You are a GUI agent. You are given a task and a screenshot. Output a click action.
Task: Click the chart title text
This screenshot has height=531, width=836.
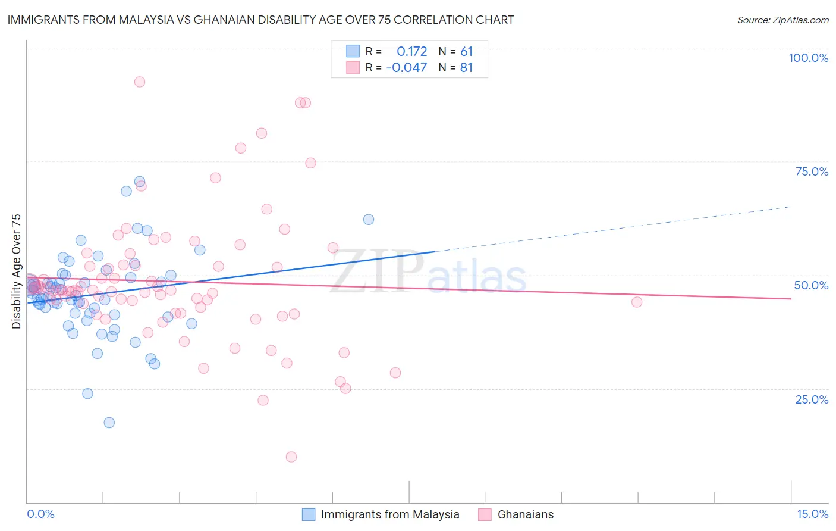coord(260,20)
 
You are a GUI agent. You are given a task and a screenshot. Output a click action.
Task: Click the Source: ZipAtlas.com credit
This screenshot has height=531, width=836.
coord(782,20)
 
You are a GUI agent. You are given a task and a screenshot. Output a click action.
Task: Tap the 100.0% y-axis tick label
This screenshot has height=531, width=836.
coord(808,58)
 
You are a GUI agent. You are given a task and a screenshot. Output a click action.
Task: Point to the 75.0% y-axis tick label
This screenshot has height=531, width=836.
coord(812,171)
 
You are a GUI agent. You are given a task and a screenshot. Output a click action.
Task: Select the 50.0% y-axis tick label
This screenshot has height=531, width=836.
coord(811,285)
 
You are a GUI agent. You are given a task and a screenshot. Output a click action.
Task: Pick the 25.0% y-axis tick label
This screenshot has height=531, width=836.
coord(812,399)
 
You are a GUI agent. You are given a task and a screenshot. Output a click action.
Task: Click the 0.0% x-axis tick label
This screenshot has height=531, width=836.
coord(40,514)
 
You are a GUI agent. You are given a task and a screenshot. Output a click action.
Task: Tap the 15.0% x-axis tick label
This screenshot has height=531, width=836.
coord(812,514)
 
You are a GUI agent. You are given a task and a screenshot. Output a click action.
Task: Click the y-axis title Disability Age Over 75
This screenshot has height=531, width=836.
coord(16,271)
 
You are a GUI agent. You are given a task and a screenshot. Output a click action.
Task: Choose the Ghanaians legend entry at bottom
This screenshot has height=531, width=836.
coord(525,514)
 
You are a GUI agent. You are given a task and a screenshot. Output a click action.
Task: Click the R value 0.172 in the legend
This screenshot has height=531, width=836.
coord(411,52)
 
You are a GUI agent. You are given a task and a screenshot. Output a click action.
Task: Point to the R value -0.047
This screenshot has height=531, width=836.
coord(407,68)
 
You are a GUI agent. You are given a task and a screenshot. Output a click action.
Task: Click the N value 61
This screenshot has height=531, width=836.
coord(466,52)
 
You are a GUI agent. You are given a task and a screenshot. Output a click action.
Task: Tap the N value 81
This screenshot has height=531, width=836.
coord(466,68)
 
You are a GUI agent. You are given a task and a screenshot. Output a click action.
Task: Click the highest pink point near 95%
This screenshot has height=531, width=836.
coord(140,82)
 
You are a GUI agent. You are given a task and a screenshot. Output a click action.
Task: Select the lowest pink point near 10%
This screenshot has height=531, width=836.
coord(291,457)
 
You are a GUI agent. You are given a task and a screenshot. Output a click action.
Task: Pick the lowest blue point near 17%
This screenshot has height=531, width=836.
coord(109,423)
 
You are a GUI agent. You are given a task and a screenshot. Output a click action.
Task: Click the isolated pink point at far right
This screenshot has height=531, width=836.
coord(637,302)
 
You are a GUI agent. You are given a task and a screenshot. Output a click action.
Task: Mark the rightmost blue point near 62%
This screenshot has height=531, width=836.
coord(369,220)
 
